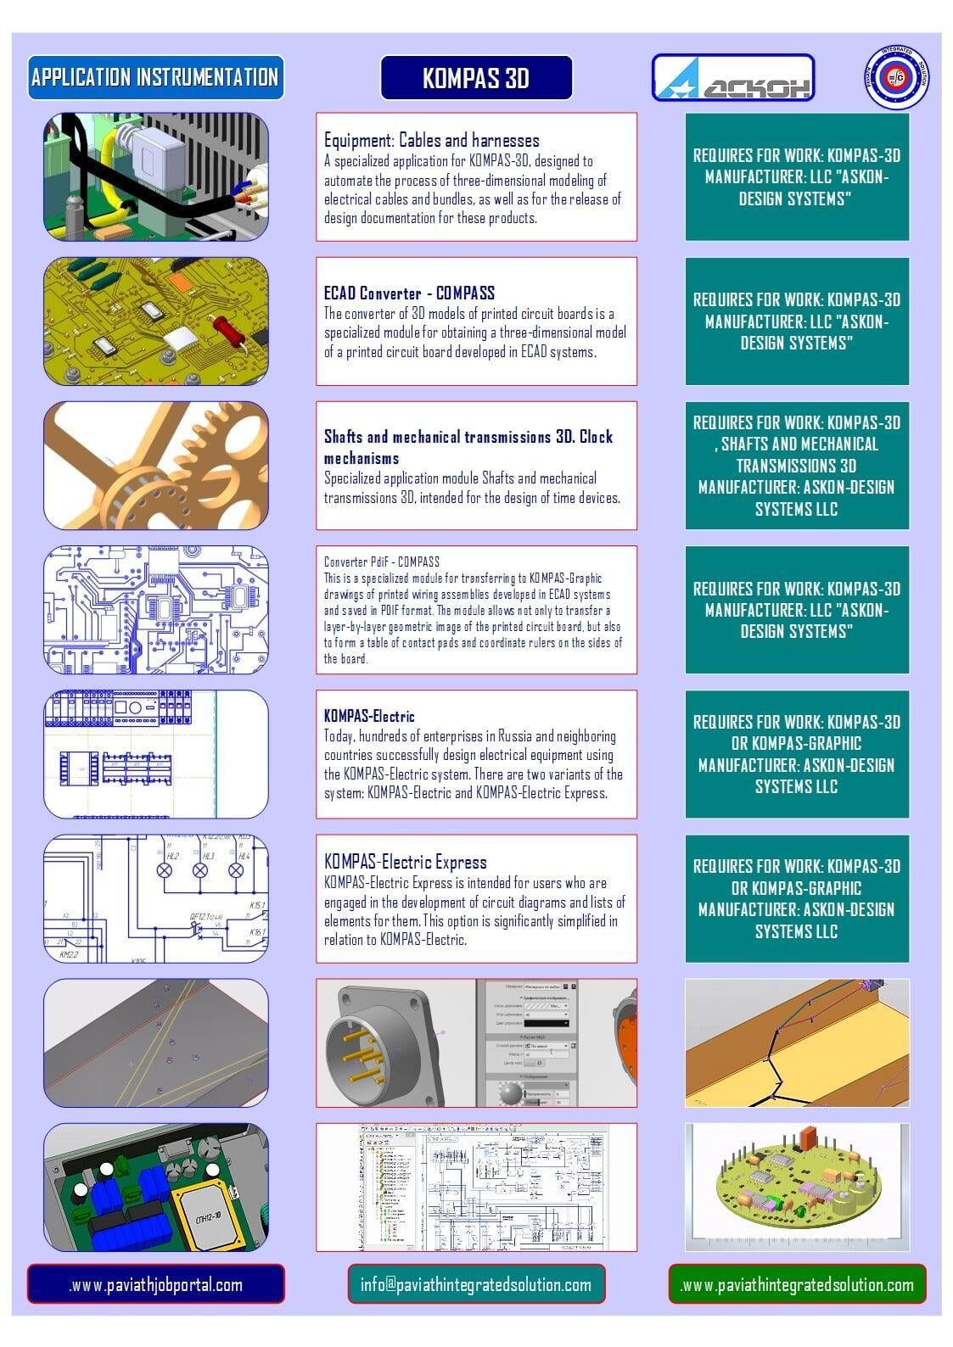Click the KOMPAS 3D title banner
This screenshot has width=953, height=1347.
476,78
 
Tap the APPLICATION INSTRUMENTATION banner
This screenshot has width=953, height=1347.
155,77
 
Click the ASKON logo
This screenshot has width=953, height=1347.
732,78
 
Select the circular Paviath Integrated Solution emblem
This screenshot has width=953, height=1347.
897,78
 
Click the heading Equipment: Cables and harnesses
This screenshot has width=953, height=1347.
431,140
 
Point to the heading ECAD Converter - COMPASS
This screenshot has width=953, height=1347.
409,293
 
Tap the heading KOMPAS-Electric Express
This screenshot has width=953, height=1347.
405,862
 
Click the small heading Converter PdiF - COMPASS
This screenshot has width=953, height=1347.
381,562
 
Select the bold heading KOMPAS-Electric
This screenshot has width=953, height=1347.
369,716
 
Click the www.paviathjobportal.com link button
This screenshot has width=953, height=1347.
156,1284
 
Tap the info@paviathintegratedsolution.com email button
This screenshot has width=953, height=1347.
476,1284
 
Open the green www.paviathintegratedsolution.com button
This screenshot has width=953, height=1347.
797,1284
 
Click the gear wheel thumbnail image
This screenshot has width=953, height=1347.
156,466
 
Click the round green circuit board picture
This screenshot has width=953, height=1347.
796,1188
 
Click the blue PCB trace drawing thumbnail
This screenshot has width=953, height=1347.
156,610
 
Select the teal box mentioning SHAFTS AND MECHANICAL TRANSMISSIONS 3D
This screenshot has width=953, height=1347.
797,466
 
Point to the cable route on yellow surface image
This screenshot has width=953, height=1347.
796,1042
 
